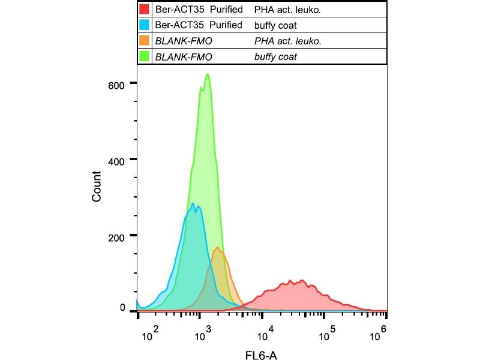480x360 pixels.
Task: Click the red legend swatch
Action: (143, 10)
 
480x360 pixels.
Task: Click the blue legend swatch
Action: (143, 25)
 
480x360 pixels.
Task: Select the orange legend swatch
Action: (143, 41)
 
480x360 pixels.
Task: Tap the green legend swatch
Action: (143, 56)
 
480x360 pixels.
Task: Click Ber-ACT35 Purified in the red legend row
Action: (199, 10)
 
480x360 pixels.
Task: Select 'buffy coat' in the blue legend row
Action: (275, 25)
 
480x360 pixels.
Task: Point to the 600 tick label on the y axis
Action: (116, 85)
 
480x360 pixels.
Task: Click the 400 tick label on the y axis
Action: (116, 160)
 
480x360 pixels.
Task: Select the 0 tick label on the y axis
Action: (122, 308)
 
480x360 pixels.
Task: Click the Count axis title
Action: (97, 186)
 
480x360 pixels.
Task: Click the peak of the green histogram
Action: (207, 74)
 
